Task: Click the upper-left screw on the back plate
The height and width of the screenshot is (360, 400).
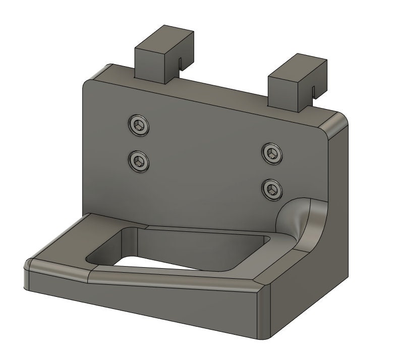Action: [139, 125]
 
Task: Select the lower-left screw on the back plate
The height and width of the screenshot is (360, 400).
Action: [138, 161]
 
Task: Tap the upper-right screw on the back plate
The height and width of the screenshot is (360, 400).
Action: [272, 153]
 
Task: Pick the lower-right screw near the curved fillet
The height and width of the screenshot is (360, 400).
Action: [272, 189]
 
